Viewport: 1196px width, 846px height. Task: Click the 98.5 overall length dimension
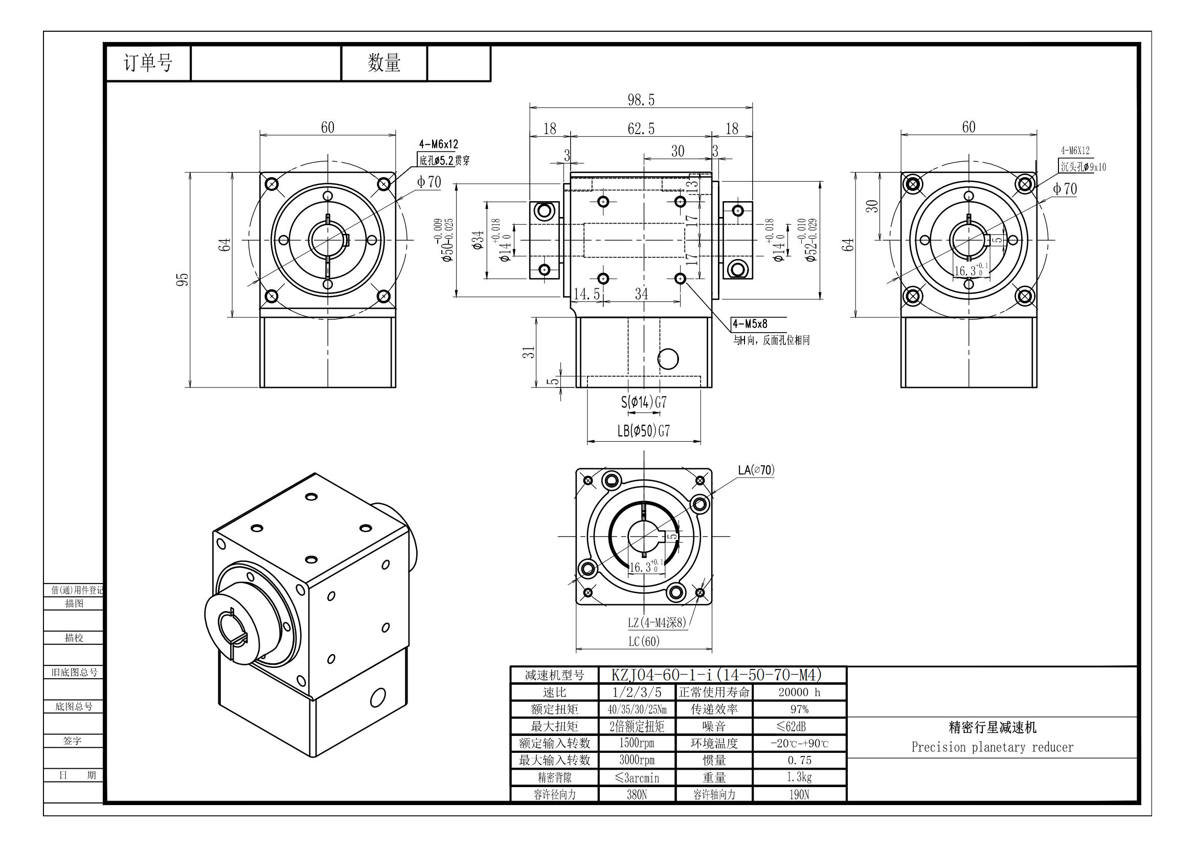pyautogui.click(x=641, y=100)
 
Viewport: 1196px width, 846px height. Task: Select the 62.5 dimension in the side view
pyautogui.click(x=641, y=129)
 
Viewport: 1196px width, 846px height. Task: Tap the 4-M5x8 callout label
pyautogui.click(x=750, y=323)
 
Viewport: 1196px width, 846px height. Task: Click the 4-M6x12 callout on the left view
pyautogui.click(x=439, y=144)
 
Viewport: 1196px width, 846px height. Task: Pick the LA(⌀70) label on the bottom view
pyautogui.click(x=756, y=470)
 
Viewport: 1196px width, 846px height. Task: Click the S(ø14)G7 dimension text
pyautogui.click(x=644, y=402)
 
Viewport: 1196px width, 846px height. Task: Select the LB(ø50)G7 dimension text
pyautogui.click(x=643, y=431)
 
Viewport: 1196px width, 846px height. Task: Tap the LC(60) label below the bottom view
pyautogui.click(x=644, y=641)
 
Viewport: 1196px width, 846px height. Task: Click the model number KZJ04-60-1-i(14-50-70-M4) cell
pyautogui.click(x=716, y=675)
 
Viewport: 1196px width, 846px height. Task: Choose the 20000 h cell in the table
pyautogui.click(x=799, y=692)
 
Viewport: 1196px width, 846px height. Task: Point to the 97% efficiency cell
pyautogui.click(x=799, y=709)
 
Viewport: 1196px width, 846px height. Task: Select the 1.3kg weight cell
pyautogui.click(x=799, y=777)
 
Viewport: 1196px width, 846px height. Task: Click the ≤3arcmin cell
pyautogui.click(x=637, y=778)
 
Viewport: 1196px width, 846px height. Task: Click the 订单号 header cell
pyautogui.click(x=148, y=63)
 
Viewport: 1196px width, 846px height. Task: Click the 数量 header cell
pyautogui.click(x=384, y=63)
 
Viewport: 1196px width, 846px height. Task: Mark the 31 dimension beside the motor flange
pyautogui.click(x=529, y=352)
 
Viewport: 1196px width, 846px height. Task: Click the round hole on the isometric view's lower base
pyautogui.click(x=378, y=697)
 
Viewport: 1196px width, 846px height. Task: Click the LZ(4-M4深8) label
pyautogui.click(x=657, y=622)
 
